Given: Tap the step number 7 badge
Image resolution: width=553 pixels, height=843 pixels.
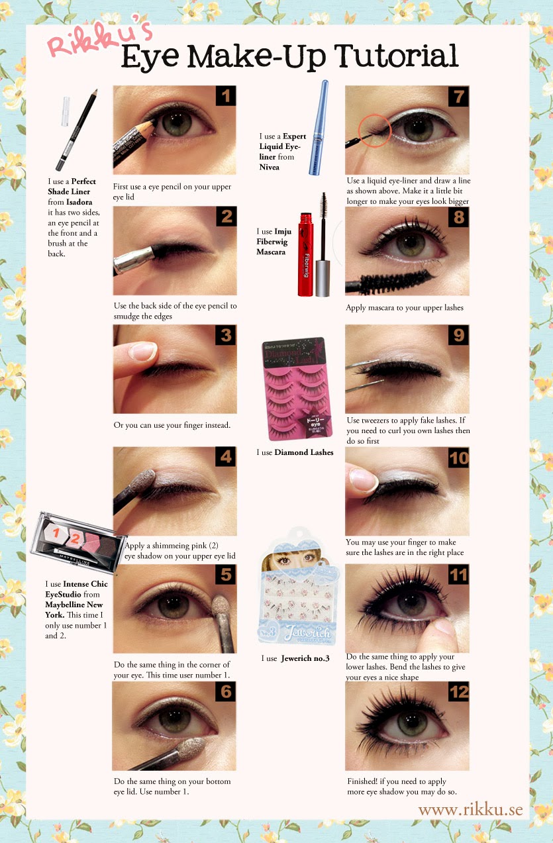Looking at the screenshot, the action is coord(458,96).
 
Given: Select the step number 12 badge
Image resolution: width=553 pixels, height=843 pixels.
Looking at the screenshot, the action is coord(458,692).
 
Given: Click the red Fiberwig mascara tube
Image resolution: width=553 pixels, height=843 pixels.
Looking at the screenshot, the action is coord(306,254).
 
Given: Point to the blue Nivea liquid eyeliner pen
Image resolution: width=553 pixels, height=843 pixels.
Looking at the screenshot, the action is coord(319,128).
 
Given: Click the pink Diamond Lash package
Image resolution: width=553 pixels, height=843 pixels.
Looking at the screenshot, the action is coord(297,388).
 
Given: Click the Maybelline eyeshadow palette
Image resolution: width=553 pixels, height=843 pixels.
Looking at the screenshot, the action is coord(78,542).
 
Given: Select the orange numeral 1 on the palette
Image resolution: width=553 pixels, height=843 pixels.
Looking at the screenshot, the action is coord(56,532).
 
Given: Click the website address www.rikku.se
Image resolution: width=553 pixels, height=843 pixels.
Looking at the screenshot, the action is coord(470,811).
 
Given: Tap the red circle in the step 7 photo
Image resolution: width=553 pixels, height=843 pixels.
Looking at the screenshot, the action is coord(375,130).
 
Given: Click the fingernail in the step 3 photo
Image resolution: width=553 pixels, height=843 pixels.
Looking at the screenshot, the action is coord(142,352).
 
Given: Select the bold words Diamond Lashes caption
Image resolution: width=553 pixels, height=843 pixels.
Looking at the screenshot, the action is coord(304,452).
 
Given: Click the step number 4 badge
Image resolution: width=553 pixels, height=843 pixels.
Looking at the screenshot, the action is coord(226,456).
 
